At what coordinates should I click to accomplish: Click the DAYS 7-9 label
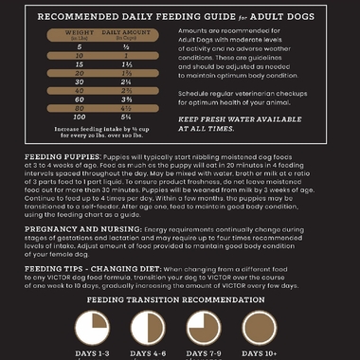click(209, 353)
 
